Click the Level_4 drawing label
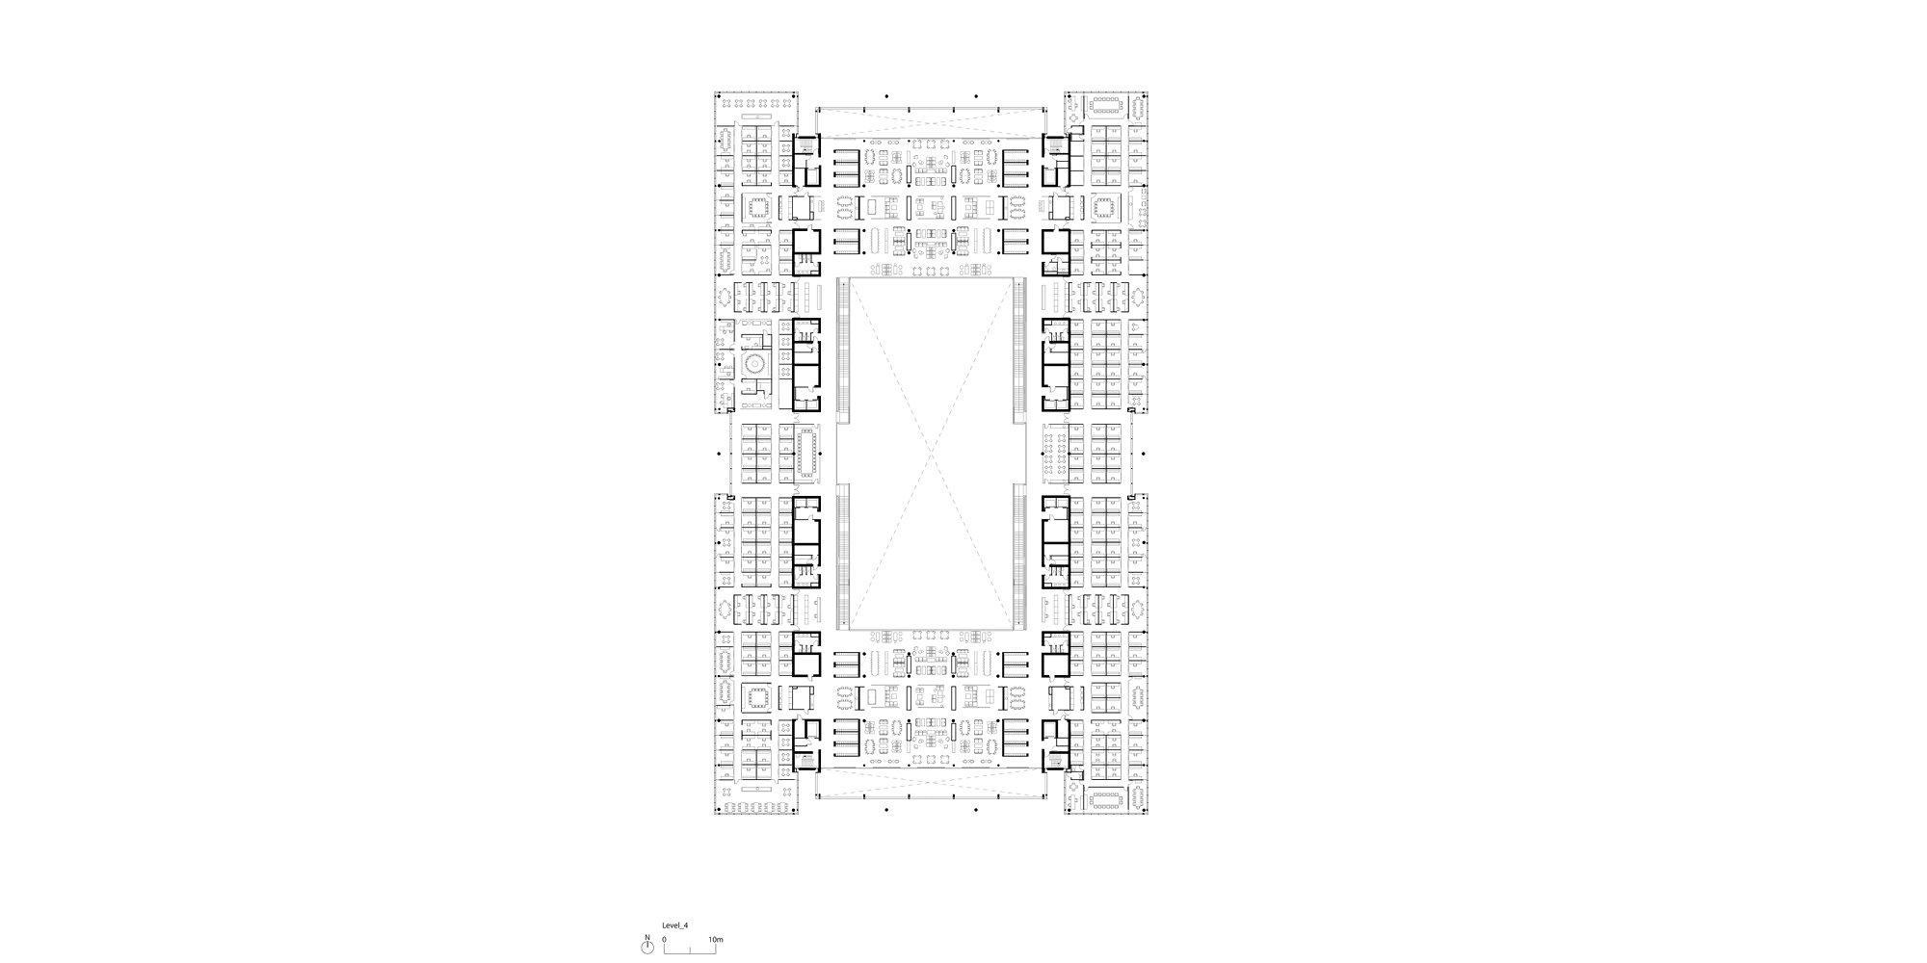click(675, 924)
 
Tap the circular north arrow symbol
click(647, 949)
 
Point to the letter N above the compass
click(647, 937)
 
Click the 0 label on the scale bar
click(664, 937)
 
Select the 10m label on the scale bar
click(715, 937)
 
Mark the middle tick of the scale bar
click(690, 950)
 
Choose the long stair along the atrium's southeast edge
click(1019, 556)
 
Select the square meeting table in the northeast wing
click(1105, 207)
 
